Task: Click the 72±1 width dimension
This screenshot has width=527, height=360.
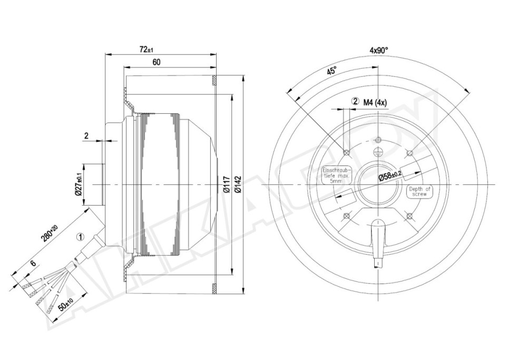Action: [146, 50]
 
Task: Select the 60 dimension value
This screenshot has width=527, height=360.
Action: [157, 62]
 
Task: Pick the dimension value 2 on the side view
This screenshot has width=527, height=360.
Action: [86, 136]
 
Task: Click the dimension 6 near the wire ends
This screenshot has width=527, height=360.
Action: [33, 264]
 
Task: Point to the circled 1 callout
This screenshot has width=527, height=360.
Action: [80, 237]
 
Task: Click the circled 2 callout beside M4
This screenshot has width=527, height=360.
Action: [356, 102]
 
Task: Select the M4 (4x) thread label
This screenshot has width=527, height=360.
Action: [375, 102]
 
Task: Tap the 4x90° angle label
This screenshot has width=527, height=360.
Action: [378, 51]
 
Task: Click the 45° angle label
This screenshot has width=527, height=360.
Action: [331, 71]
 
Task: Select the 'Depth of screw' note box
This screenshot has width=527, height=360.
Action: [419, 191]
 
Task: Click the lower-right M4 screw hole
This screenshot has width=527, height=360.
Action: [409, 216]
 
